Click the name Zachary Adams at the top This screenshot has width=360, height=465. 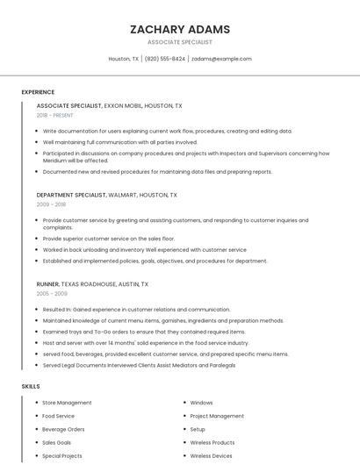[179, 29]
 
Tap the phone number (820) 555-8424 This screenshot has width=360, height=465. [164, 59]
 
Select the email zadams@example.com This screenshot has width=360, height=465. [221, 59]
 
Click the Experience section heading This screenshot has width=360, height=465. [38, 92]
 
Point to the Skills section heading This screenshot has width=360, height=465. [31, 386]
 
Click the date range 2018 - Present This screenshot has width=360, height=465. [55, 115]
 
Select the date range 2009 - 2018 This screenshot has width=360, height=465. [51, 204]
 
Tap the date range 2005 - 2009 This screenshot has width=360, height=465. [51, 294]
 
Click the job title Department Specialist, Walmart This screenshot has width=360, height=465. [106, 195]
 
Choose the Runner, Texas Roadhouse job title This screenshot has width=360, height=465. [92, 284]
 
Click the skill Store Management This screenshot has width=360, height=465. [67, 403]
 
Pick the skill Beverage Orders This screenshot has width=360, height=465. [63, 429]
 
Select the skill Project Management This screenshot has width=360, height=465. [217, 416]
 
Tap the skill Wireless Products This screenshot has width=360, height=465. [212, 443]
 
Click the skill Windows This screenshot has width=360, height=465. [201, 403]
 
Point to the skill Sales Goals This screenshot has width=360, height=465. [57, 443]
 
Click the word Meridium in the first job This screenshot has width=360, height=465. [57, 161]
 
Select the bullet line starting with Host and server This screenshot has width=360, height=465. [145, 343]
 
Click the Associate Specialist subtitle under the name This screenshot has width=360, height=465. [179, 42]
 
